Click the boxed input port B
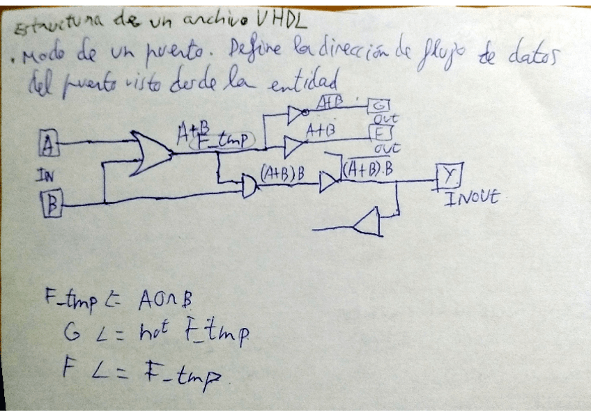pos(52,203)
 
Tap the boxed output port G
pos(380,106)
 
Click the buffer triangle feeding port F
pos(293,146)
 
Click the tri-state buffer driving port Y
pos(328,183)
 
